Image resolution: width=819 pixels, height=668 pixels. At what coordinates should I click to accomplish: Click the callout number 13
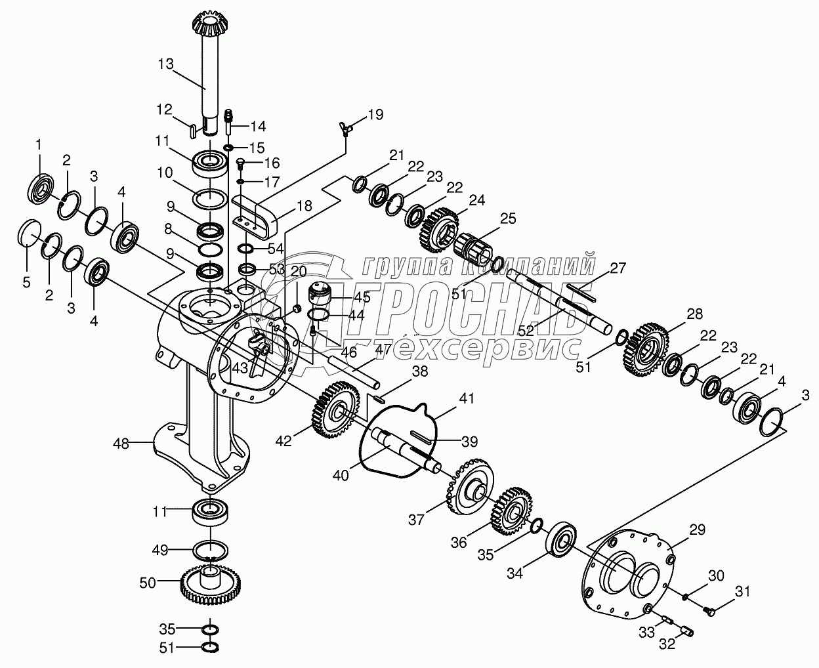pos(166,64)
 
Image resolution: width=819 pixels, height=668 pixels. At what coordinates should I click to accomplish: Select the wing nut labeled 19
pos(347,127)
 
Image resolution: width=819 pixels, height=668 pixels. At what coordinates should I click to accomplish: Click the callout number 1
pos(38,144)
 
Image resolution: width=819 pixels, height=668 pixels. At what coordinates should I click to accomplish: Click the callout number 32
pos(666,644)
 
